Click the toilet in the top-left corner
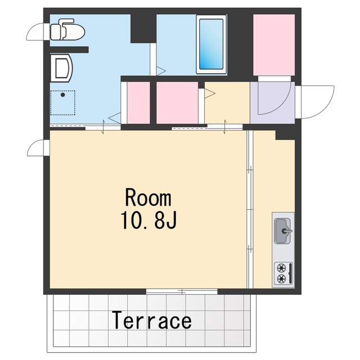(67, 30)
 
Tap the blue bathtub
(211, 44)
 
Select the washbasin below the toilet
(61, 68)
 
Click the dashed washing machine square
(62, 102)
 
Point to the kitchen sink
(282, 231)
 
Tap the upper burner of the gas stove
(281, 268)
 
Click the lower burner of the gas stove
(281, 279)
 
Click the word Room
(148, 197)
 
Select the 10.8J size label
(148, 219)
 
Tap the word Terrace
(151, 320)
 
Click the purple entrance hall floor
(272, 102)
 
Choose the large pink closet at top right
(274, 45)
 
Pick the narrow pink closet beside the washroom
(138, 102)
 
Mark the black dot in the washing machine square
(62, 95)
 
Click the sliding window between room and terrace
(182, 291)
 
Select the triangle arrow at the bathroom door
(161, 71)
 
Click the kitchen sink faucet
(287, 231)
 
